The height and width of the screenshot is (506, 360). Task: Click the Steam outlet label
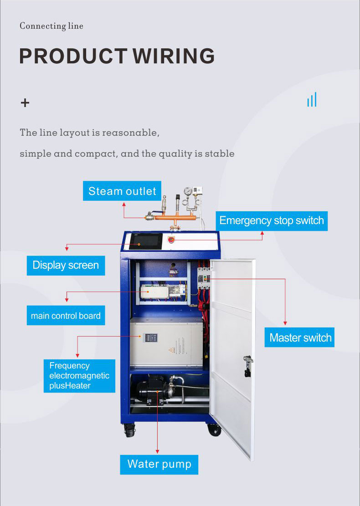click(x=122, y=191)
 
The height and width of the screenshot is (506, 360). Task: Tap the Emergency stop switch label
click(x=271, y=220)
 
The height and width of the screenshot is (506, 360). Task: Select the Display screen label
click(x=66, y=265)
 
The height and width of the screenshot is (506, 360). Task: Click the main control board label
click(x=66, y=316)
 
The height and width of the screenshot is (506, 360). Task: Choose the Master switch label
click(x=300, y=337)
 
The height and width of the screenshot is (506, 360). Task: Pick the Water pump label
click(x=159, y=464)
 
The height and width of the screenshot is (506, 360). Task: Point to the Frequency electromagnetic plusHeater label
click(x=79, y=376)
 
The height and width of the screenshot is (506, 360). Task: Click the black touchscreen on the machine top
click(x=144, y=241)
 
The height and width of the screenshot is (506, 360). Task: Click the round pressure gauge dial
click(x=187, y=191)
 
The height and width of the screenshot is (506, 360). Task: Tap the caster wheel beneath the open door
click(x=214, y=429)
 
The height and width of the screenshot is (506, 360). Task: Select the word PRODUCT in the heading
click(x=73, y=56)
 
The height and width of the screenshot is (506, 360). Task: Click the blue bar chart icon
click(x=312, y=100)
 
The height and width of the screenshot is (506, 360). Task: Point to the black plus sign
click(x=25, y=103)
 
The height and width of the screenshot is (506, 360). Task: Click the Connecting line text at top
click(x=51, y=26)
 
